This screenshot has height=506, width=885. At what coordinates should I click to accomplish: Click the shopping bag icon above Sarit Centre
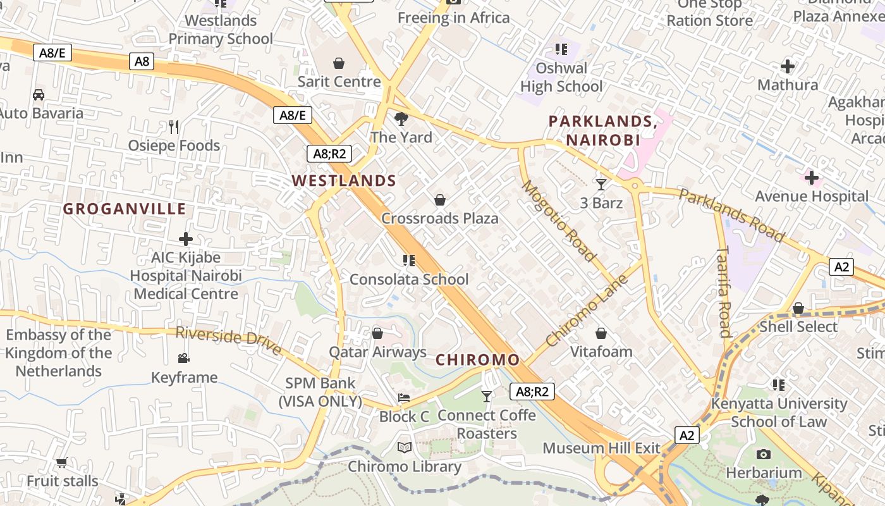pyautogui.click(x=339, y=63)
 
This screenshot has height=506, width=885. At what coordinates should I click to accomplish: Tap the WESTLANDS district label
pyautogui.click(x=344, y=181)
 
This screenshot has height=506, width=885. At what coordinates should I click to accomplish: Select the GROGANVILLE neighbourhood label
pyautogui.click(x=125, y=209)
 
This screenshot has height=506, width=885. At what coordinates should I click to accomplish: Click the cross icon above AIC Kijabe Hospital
pyautogui.click(x=185, y=239)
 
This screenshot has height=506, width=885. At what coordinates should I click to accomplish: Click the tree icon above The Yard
pyautogui.click(x=401, y=118)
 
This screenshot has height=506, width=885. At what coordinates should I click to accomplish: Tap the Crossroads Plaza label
pyautogui.click(x=439, y=219)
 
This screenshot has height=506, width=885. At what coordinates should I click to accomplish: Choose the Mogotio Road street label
pyautogui.click(x=558, y=220)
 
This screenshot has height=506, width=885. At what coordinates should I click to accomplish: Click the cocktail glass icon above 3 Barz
pyautogui.click(x=601, y=185)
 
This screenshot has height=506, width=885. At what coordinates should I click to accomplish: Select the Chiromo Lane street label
pyautogui.click(x=586, y=310)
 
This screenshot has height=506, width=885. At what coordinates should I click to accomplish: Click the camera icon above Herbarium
pyautogui.click(x=763, y=454)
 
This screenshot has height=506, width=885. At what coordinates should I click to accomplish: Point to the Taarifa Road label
pyautogui.click(x=724, y=291)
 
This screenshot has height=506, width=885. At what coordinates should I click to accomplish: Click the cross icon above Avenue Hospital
pyautogui.click(x=812, y=178)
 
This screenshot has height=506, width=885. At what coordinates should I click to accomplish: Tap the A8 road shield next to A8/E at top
pyautogui.click(x=142, y=61)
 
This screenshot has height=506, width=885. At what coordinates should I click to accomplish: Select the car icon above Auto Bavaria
pyautogui.click(x=38, y=95)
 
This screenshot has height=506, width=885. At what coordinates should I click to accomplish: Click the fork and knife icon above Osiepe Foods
pyautogui.click(x=174, y=127)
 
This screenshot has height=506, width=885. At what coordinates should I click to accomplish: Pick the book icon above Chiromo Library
pyautogui.click(x=404, y=448)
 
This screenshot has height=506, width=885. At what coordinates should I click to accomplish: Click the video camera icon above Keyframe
pyautogui.click(x=183, y=359)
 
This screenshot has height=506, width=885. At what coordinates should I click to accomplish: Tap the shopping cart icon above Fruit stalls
pyautogui.click(x=61, y=462)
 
